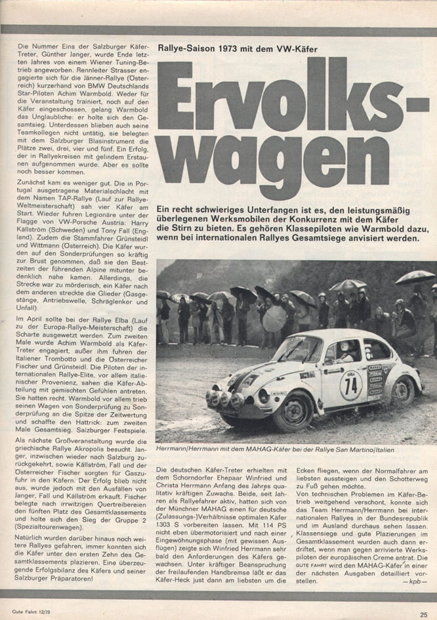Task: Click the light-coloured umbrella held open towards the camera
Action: (274, 318)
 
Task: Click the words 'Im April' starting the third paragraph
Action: (32, 317)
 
